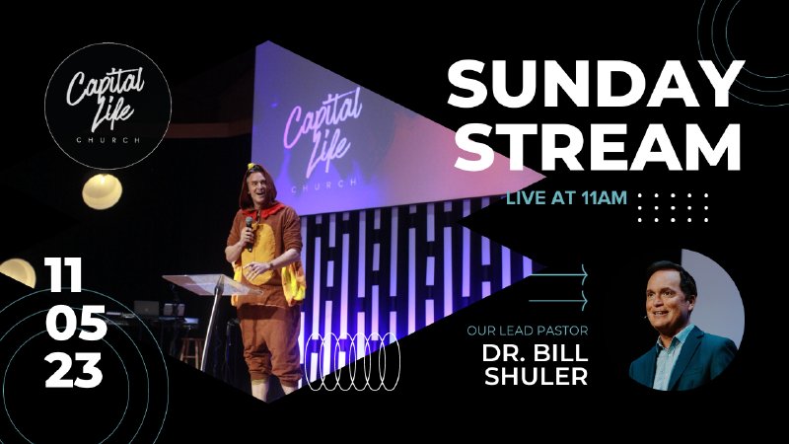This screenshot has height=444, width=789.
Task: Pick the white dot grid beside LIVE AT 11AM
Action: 674,207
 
